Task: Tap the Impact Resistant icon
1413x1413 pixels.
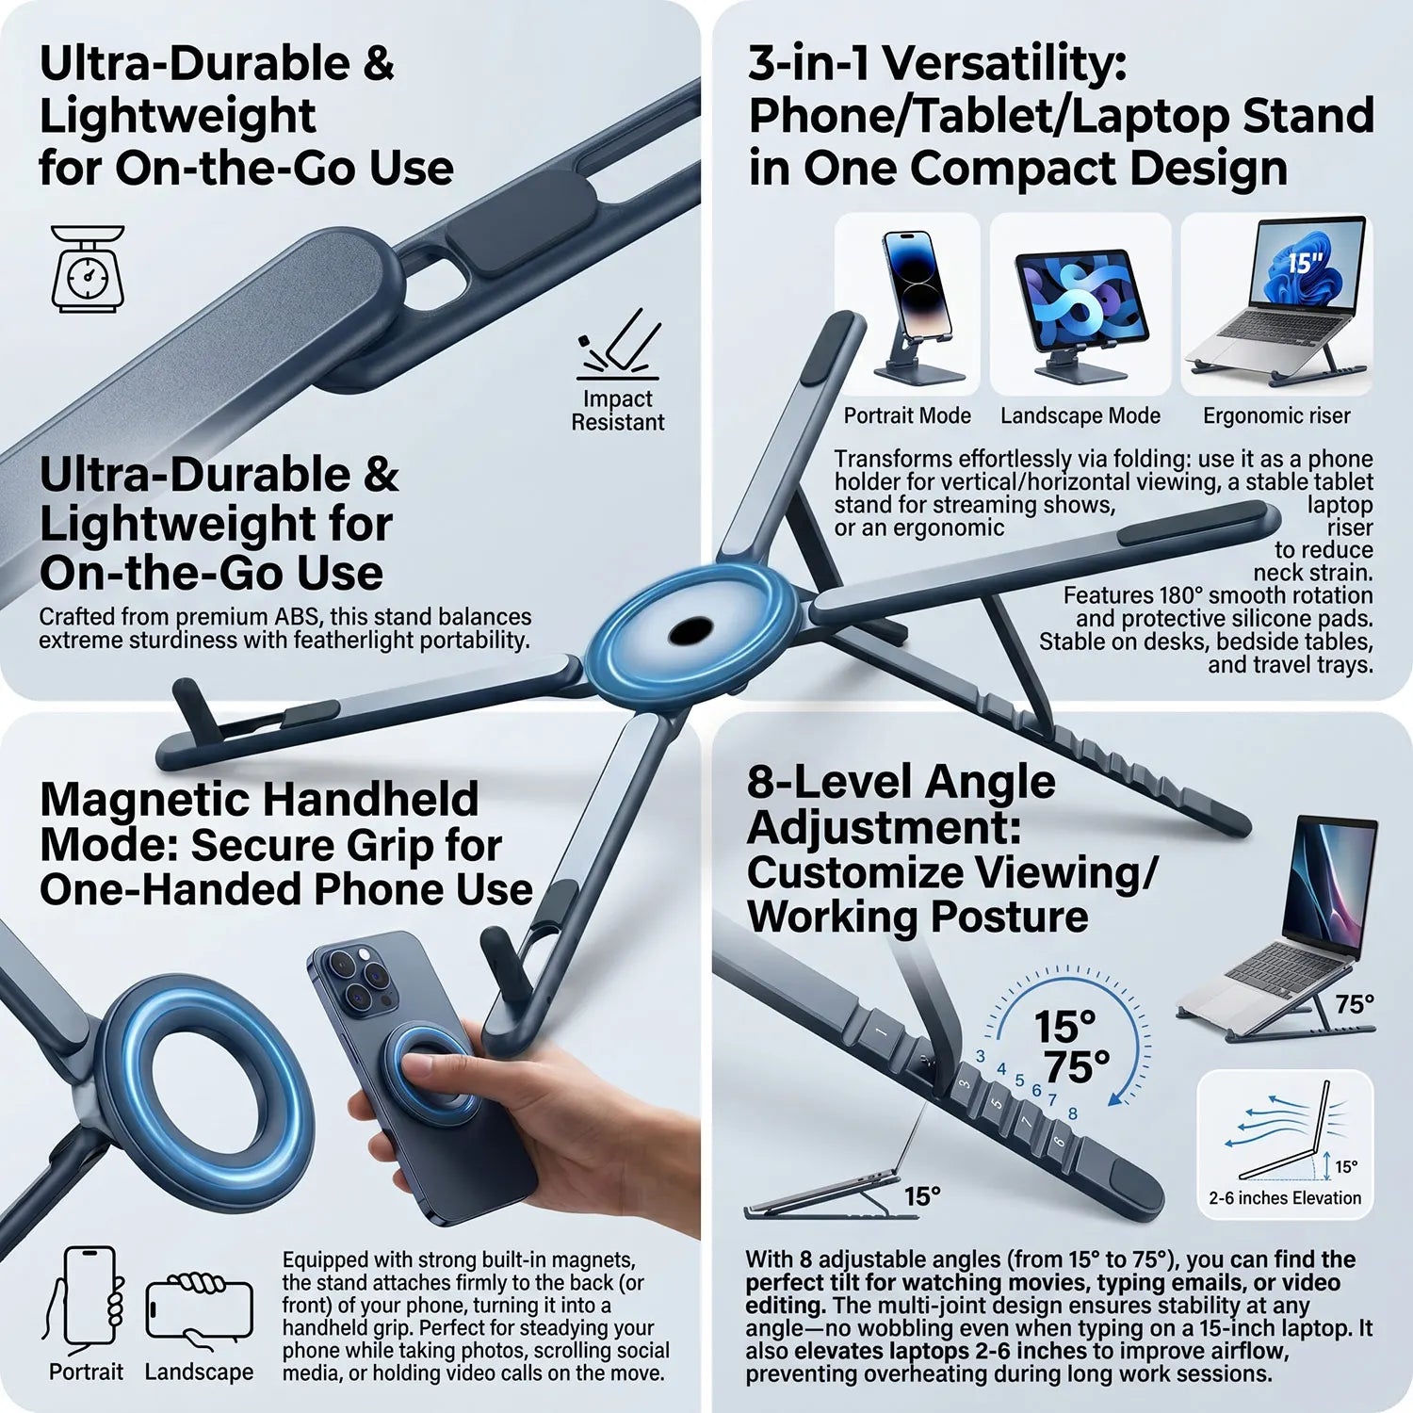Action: pos(619,345)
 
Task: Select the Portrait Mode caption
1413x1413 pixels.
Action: pos(907,415)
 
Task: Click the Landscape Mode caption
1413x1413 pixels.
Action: pos(1080,415)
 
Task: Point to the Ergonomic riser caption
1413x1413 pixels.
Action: pos(1276,415)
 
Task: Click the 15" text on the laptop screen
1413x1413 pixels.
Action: pos(1306,262)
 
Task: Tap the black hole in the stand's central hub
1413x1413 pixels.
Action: pos(690,630)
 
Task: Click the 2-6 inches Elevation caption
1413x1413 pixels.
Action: pos(1285,1198)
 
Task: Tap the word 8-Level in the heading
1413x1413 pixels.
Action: pos(830,782)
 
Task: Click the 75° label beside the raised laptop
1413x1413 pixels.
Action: pos(1355,1004)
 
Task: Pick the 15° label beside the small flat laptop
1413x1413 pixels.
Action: pos(922,1196)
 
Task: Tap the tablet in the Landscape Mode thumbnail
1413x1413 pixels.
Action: pos(1081,298)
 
